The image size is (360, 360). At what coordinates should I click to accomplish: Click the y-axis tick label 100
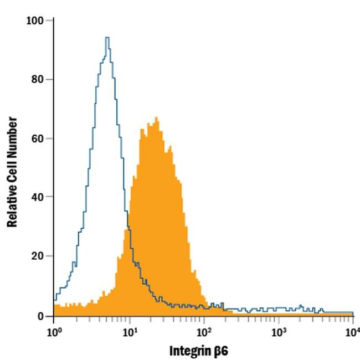34,20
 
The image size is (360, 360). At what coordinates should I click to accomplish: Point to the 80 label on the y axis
37,80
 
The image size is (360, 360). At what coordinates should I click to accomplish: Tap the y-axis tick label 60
37,138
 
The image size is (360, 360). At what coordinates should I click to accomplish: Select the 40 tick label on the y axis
37,197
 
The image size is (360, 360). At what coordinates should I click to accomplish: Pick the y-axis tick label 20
37,256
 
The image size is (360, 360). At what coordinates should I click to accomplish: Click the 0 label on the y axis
40,316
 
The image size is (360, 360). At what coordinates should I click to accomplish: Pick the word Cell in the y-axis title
12,170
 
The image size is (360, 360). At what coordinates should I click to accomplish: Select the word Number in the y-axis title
12,136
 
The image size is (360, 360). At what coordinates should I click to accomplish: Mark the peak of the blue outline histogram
107,38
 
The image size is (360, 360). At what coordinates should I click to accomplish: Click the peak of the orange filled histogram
157,117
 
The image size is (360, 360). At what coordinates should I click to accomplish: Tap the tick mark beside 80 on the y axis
50,80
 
